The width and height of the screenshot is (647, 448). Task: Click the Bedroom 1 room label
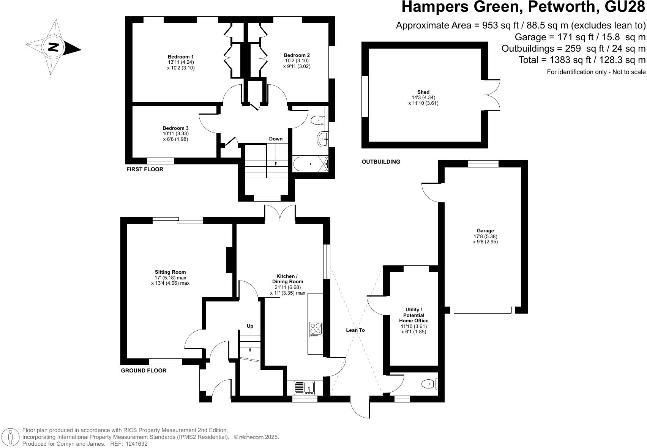[x=181, y=57]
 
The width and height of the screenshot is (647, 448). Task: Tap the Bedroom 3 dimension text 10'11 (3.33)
[x=175, y=134]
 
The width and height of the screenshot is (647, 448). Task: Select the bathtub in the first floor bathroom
[x=310, y=164]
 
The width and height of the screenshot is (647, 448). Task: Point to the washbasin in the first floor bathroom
[x=322, y=139]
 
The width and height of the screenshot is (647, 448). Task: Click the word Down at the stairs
[x=276, y=139]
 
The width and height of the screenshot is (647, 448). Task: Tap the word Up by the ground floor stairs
[x=250, y=326]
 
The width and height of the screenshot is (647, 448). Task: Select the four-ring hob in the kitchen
[x=316, y=329]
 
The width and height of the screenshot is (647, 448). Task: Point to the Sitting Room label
[x=170, y=272]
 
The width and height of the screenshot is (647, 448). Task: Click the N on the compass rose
[x=54, y=47]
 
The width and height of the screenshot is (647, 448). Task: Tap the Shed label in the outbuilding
[x=423, y=92]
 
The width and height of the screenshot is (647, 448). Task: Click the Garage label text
[x=485, y=230]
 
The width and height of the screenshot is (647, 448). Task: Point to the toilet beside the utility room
[x=429, y=384]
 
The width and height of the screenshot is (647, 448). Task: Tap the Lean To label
[x=355, y=330]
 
